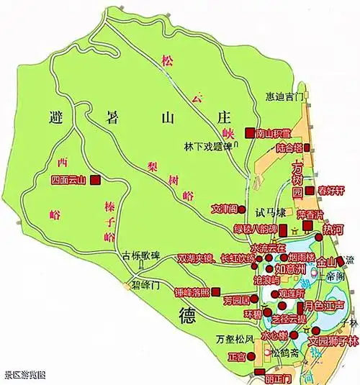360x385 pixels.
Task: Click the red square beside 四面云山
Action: point(94,180)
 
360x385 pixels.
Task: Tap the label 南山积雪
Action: point(271,132)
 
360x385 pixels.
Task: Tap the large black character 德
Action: point(183,314)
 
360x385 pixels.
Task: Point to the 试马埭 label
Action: point(271,213)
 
